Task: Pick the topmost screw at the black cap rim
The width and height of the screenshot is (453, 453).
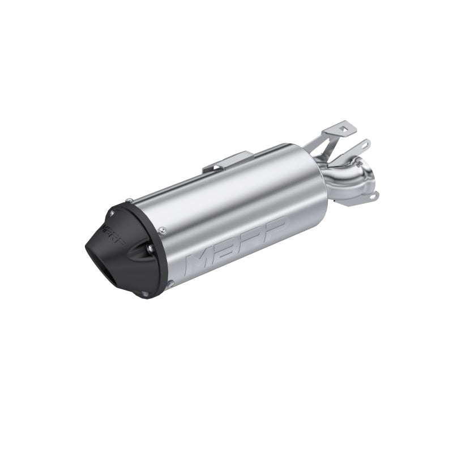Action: coord(130,199)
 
